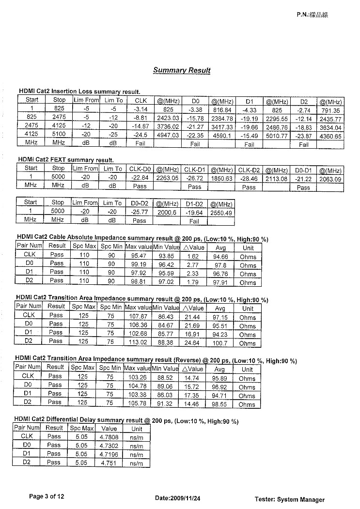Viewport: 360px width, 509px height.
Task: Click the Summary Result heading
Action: tap(182, 70)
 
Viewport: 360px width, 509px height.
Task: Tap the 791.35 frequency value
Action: tap(330, 110)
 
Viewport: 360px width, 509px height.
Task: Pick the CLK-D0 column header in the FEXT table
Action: tap(140, 169)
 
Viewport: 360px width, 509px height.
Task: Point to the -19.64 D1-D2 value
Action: tap(194, 212)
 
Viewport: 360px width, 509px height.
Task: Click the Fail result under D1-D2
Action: tap(194, 221)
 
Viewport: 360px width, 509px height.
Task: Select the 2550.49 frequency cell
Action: tap(221, 212)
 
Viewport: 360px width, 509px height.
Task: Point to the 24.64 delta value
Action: tap(192, 342)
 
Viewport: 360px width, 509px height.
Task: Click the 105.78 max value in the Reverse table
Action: tap(138, 403)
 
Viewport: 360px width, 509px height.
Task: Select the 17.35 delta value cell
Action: tap(192, 395)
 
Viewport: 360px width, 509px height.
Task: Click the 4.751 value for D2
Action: tap(109, 463)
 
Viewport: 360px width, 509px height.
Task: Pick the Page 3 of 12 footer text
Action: tap(47, 496)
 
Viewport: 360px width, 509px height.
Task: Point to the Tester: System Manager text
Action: tap(289, 499)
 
